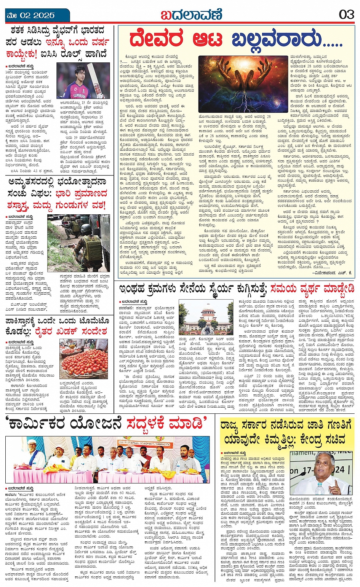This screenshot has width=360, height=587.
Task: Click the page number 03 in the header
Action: pyautogui.click(x=346, y=15)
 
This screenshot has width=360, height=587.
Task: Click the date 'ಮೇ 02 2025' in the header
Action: pyautogui.click(x=30, y=16)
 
